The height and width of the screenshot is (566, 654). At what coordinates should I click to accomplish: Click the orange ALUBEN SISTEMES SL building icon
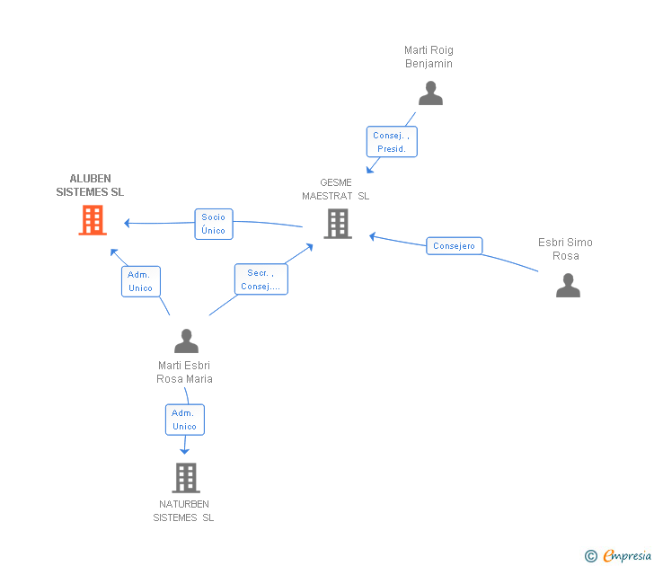click(x=93, y=220)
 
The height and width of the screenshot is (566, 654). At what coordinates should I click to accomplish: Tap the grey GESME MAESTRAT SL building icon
click(x=338, y=224)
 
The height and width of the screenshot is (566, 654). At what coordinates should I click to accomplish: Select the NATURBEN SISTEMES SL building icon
click(x=185, y=478)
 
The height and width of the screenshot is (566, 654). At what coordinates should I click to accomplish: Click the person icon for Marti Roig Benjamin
click(x=430, y=93)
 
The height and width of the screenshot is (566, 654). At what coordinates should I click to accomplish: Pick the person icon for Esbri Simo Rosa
click(x=568, y=286)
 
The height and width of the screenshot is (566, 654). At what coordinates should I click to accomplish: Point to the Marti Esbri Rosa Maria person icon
click(x=186, y=341)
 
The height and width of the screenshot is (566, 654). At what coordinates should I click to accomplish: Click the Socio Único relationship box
click(x=214, y=224)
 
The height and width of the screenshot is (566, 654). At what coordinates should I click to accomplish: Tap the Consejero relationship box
click(x=454, y=246)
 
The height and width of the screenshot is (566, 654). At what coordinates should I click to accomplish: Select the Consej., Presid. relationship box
click(x=392, y=142)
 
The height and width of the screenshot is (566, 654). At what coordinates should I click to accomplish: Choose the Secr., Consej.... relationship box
click(x=261, y=279)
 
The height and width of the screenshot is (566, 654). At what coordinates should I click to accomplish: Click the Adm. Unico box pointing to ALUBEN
click(x=141, y=281)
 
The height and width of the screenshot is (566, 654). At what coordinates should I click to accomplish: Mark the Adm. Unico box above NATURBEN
click(x=184, y=420)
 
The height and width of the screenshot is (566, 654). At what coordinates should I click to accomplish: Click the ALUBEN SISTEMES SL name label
click(x=91, y=185)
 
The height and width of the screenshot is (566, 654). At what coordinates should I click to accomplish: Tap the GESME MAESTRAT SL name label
click(x=336, y=189)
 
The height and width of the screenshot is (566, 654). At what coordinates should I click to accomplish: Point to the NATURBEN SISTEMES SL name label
click(x=184, y=510)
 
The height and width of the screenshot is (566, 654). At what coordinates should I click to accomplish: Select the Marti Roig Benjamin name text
click(x=429, y=57)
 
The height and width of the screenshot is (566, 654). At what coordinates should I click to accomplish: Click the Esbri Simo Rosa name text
click(x=565, y=249)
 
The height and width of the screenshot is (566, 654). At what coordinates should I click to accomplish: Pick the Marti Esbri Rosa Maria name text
click(x=185, y=372)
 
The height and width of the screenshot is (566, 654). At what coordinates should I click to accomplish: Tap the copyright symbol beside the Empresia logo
click(x=591, y=556)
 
